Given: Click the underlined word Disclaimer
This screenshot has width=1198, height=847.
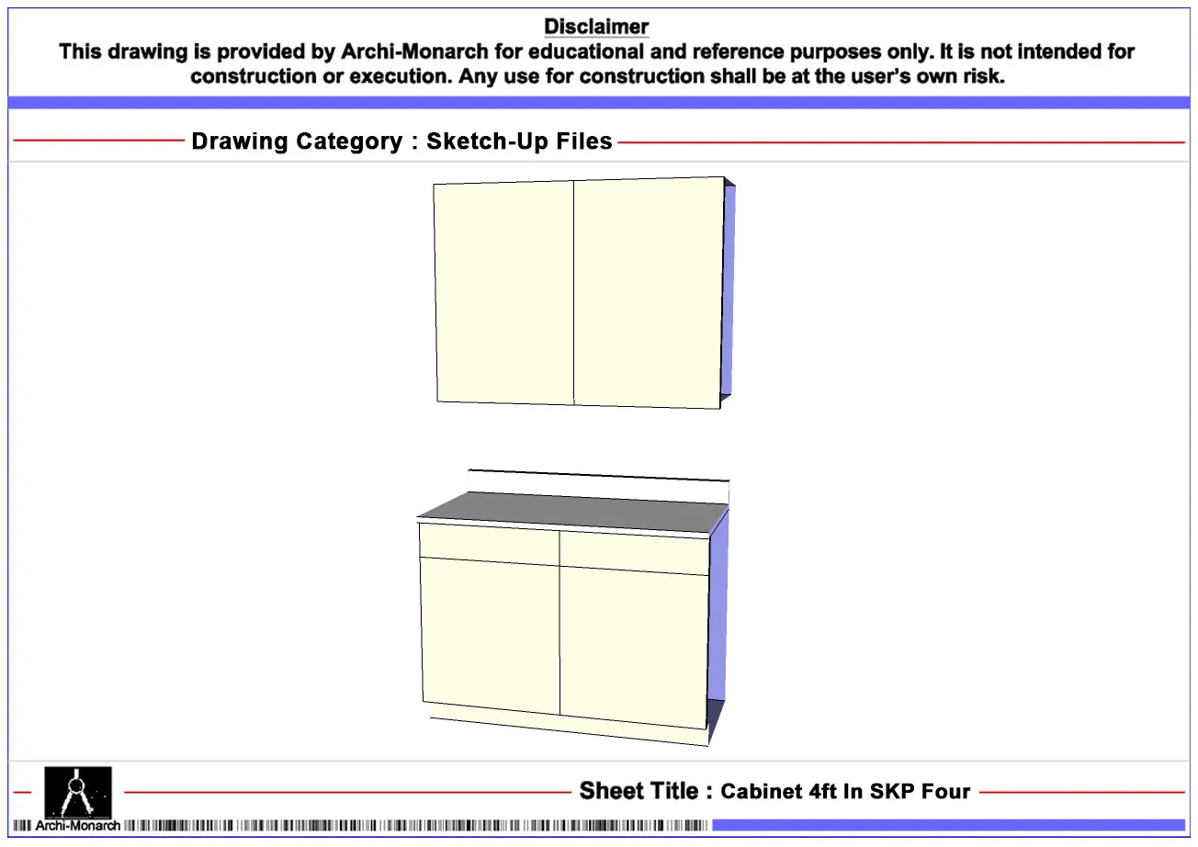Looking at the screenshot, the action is click(x=596, y=27).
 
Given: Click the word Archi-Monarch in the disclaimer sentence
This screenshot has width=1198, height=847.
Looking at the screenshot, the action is click(x=414, y=51).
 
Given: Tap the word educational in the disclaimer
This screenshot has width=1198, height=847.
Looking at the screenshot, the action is click(x=582, y=51).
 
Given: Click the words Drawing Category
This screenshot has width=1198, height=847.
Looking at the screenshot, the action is click(x=297, y=141).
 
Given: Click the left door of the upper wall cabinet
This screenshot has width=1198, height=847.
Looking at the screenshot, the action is click(x=503, y=292).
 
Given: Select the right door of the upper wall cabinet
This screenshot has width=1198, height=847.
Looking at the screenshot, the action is click(x=649, y=292).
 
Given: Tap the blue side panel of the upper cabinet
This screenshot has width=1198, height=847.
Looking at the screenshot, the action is click(x=728, y=291).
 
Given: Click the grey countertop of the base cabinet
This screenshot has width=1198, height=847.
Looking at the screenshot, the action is click(x=572, y=513).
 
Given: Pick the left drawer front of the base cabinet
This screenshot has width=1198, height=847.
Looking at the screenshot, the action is click(x=490, y=544).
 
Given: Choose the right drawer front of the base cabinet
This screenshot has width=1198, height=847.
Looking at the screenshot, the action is click(x=634, y=553).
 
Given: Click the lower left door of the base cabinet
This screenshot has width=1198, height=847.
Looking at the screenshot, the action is click(x=491, y=636).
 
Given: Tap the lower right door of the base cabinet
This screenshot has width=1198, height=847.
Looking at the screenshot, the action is click(x=634, y=648).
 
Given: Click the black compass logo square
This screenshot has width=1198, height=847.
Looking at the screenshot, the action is click(x=78, y=793).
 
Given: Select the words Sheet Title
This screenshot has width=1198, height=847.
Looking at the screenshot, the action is click(x=639, y=791).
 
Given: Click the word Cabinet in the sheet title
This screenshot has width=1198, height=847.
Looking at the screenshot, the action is click(x=761, y=791).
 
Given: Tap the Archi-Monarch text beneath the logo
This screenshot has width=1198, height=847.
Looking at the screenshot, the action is click(x=78, y=826).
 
